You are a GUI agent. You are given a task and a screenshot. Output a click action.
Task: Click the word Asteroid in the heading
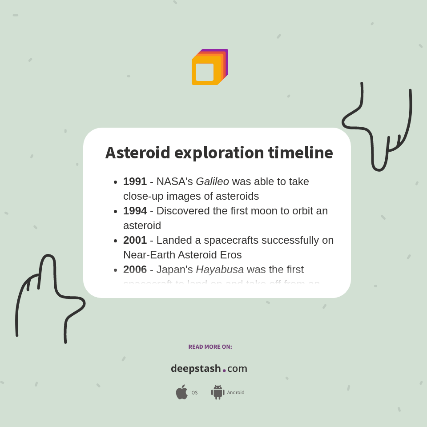click(137, 153)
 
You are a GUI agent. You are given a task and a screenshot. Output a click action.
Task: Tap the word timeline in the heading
click(300, 153)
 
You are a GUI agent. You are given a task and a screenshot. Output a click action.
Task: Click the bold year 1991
click(135, 181)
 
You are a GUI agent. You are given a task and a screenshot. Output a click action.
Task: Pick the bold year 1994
click(135, 211)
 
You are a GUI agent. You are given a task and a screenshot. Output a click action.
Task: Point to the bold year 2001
click(135, 240)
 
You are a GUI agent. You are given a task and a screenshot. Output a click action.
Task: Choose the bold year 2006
click(135, 270)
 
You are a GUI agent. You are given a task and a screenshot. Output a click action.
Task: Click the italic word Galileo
click(212, 181)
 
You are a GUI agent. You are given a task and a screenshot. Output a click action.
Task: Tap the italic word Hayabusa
click(220, 270)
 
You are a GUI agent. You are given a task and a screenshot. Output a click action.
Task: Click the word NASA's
click(174, 181)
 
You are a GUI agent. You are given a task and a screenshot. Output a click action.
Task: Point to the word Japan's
click(174, 270)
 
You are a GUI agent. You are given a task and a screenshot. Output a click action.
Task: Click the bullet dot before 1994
click(116, 212)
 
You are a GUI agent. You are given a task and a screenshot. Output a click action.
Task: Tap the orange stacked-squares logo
click(209, 67)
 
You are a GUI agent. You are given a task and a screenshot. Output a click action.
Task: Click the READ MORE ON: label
click(210, 347)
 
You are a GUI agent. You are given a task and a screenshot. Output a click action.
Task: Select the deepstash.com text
click(209, 369)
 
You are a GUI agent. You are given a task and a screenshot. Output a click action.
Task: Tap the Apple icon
click(181, 392)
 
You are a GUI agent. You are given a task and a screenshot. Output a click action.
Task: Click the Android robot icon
click(218, 392)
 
